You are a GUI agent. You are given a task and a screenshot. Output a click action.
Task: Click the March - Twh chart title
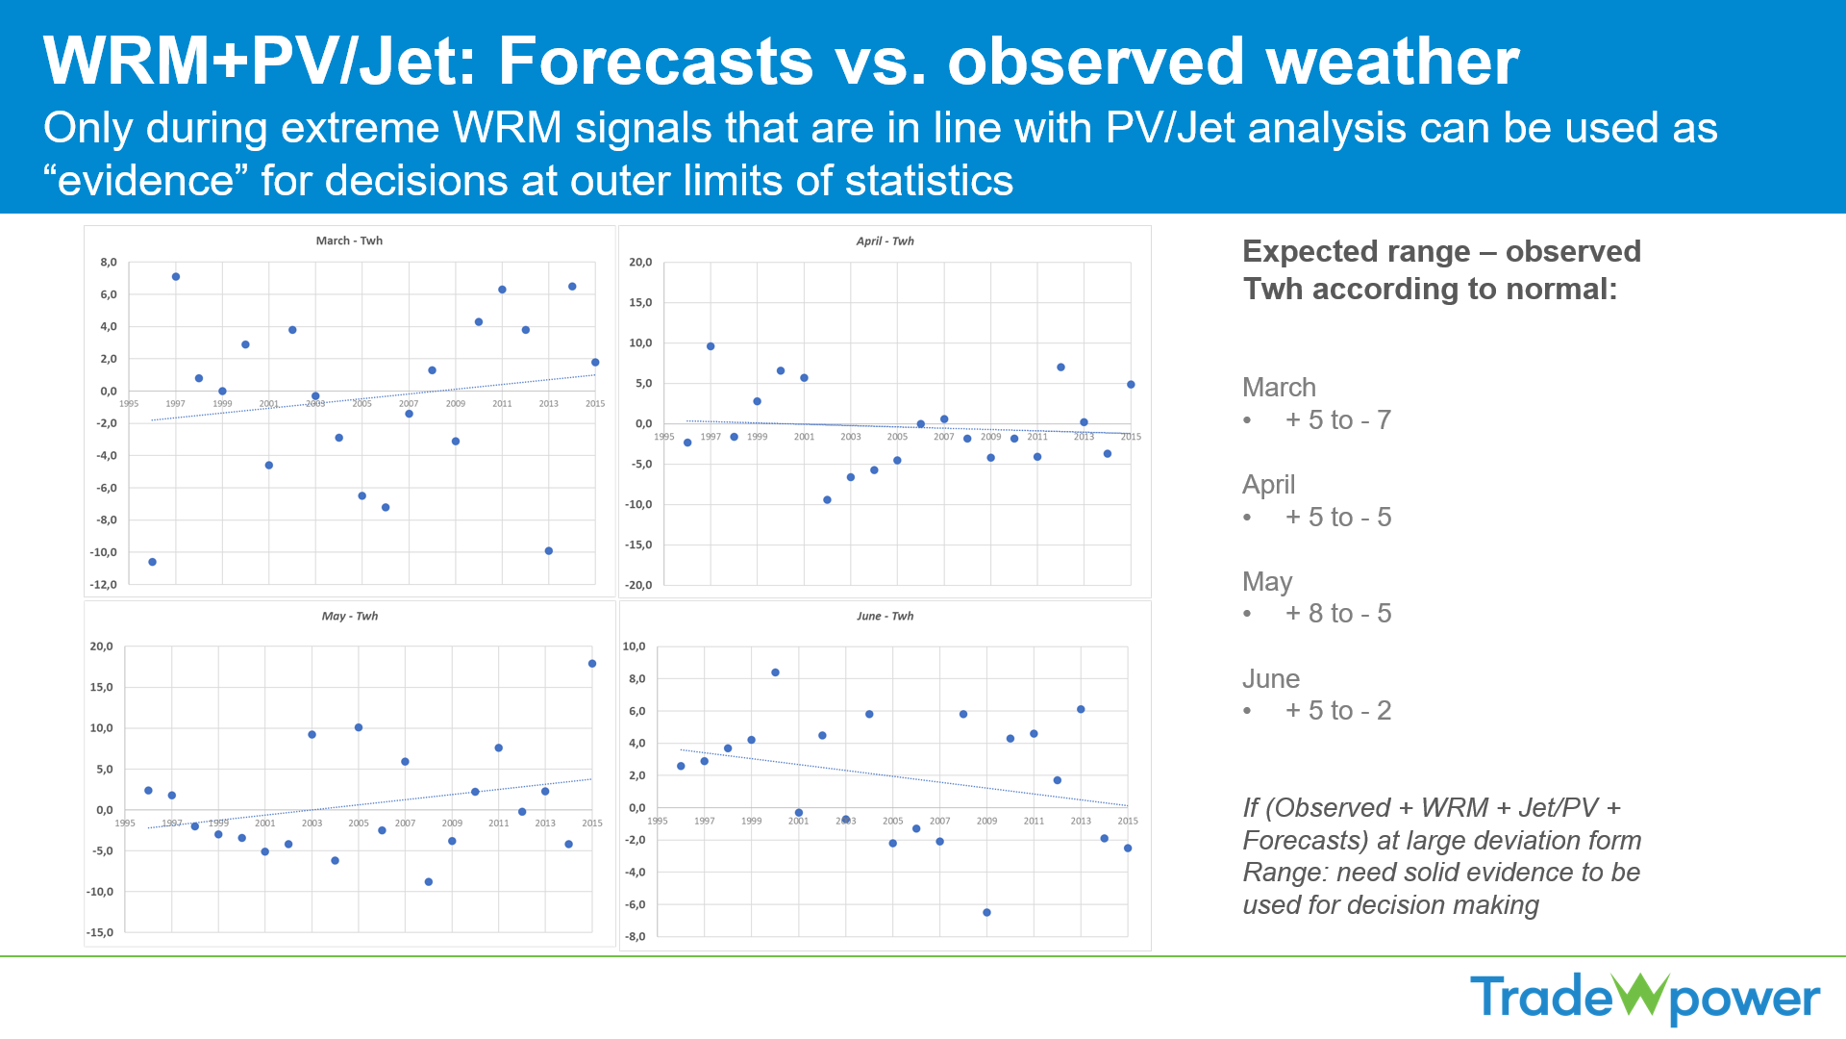pyautogui.click(x=349, y=241)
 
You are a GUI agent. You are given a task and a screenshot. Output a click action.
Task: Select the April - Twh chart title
pyautogui.click(x=885, y=241)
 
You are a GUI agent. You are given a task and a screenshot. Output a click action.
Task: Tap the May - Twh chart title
pyautogui.click(x=349, y=616)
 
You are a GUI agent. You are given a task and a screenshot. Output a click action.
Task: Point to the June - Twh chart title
pyautogui.click(x=885, y=616)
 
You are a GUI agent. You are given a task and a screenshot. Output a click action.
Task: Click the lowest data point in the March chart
pyautogui.click(x=152, y=562)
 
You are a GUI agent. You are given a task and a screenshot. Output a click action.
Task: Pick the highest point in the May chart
pyautogui.click(x=592, y=664)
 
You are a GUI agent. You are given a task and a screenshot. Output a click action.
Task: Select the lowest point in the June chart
pyautogui.click(x=986, y=912)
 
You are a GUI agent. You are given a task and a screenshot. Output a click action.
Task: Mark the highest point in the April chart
pyautogui.click(x=711, y=346)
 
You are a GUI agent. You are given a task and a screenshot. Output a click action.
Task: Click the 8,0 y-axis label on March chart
pyautogui.click(x=109, y=262)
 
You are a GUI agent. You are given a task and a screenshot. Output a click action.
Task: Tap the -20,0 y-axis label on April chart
pyautogui.click(x=639, y=585)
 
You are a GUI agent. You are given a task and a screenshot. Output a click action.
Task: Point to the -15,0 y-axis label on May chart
pyautogui.click(x=101, y=932)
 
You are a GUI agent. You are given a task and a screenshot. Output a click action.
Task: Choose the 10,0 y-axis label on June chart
pyautogui.click(x=634, y=646)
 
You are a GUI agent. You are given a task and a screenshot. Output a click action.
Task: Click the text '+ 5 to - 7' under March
pyautogui.click(x=1337, y=420)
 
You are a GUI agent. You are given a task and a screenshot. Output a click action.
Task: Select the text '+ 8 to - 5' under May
pyautogui.click(x=1337, y=614)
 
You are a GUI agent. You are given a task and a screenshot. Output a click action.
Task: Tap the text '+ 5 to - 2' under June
pyautogui.click(x=1337, y=711)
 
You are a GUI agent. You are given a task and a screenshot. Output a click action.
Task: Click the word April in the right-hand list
pyautogui.click(x=1268, y=485)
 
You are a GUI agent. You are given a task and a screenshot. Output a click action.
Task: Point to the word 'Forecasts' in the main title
pyautogui.click(x=656, y=62)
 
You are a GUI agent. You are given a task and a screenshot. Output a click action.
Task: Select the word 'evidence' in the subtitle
pyautogui.click(x=146, y=181)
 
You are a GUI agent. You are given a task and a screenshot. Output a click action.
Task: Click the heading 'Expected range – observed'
pyautogui.click(x=1441, y=251)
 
